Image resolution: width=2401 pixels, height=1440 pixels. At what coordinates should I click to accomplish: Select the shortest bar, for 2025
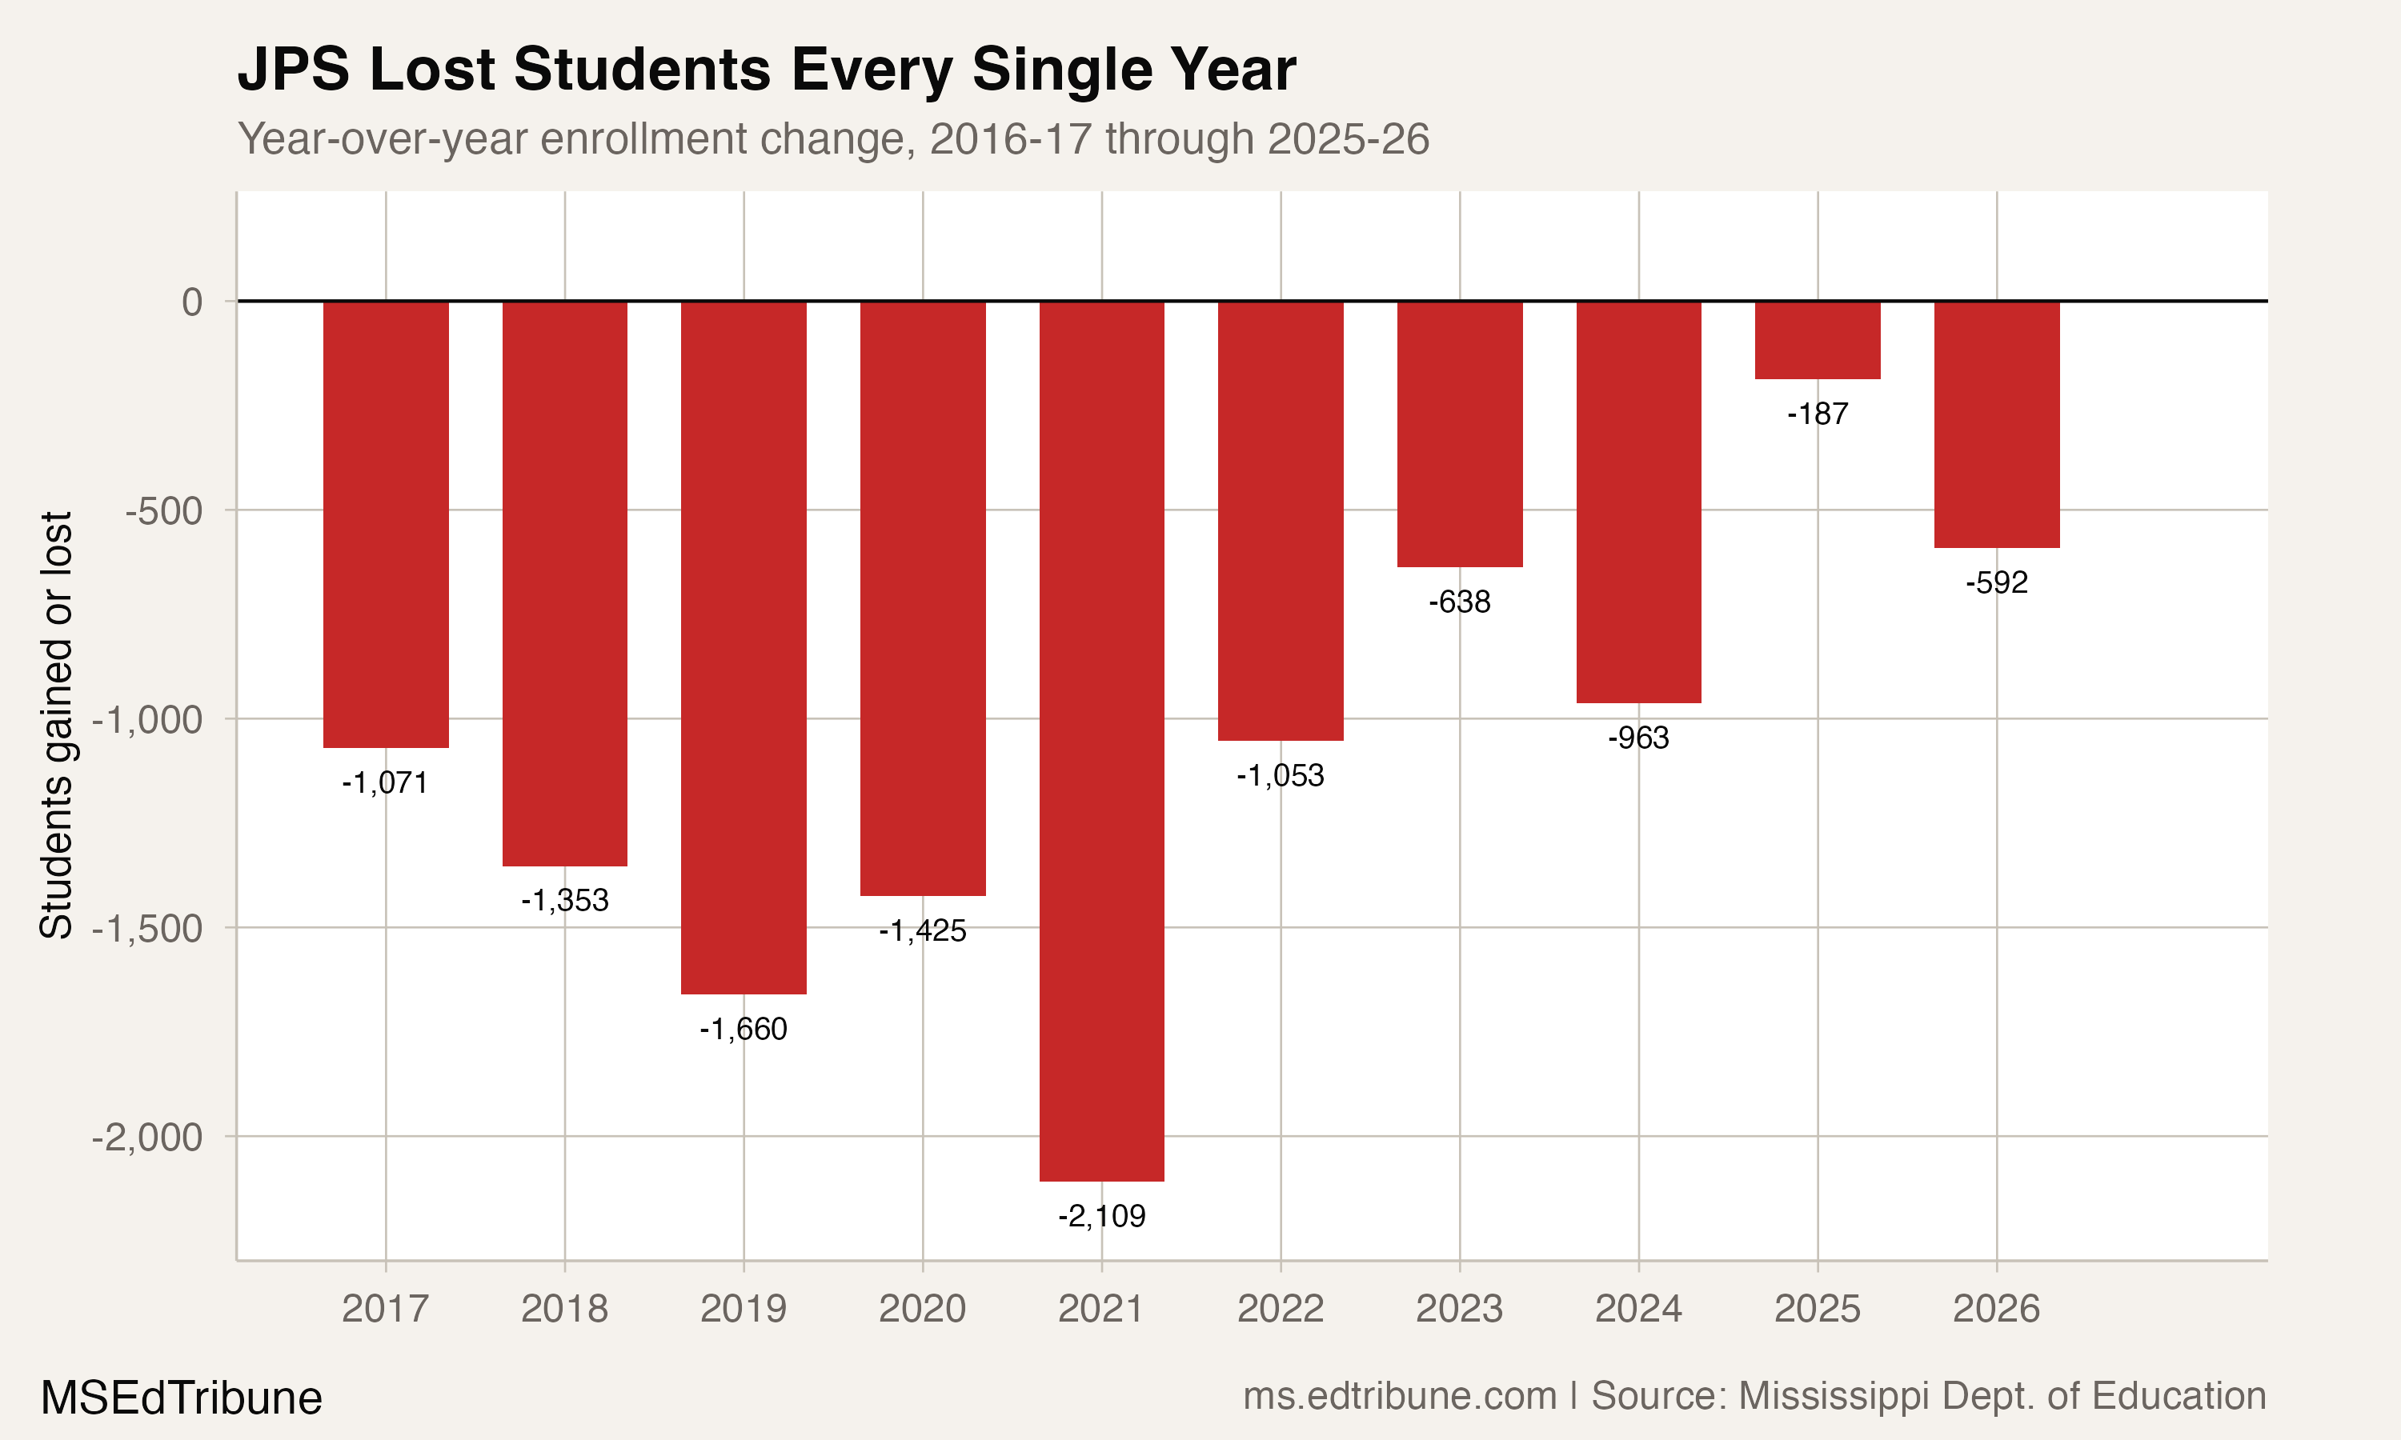pos(1817,340)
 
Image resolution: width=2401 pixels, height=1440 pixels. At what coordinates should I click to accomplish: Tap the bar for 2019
pos(744,646)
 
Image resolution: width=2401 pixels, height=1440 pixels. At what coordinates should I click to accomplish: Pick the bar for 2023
pos(1460,434)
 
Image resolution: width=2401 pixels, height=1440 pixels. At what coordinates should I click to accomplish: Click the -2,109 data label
pos(1101,1216)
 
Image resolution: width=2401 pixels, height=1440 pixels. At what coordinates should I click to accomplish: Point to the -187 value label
pos(1817,414)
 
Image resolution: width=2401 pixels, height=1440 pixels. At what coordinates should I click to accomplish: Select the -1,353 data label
pos(565,901)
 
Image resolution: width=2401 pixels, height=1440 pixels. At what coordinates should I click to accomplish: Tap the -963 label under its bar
pos(1638,738)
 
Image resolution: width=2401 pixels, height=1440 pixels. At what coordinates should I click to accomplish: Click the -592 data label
pos(1996,583)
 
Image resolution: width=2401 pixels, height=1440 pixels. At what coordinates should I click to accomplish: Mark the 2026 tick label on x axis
pos(1996,1309)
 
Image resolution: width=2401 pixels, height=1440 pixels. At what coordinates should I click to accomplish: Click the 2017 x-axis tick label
pos(385,1309)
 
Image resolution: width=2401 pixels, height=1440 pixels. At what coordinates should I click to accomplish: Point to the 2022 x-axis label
pos(1280,1309)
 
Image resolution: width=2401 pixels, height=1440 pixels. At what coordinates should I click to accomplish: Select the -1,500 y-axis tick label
pos(147,929)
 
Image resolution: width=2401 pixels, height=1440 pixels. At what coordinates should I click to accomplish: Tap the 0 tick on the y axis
pos(192,302)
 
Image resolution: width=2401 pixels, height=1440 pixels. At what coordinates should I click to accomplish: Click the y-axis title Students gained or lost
pos(56,725)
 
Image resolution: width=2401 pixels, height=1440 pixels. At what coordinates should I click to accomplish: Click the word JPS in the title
pos(293,70)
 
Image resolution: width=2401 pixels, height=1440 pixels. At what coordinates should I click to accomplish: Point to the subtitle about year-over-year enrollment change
pos(832,138)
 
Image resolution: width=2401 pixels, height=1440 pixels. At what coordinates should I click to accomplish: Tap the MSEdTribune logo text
pos(182,1398)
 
